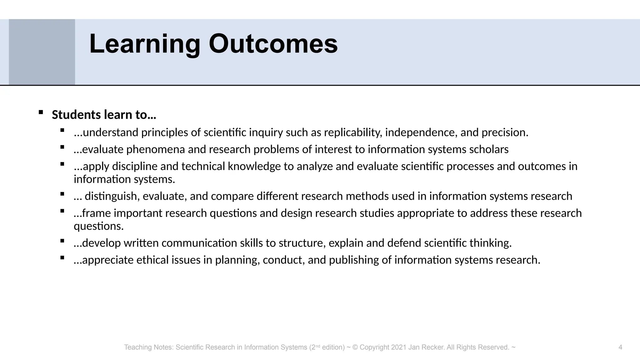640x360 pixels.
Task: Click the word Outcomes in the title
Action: pyautogui.click(x=273, y=44)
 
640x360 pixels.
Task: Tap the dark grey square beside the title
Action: pyautogui.click(x=42, y=52)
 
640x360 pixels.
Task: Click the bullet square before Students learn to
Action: pyautogui.click(x=41, y=112)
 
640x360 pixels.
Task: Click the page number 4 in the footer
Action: pyautogui.click(x=620, y=347)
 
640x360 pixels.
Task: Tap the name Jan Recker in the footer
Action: pyautogui.click(x=426, y=347)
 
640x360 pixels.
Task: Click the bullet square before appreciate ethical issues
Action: pyautogui.click(x=62, y=257)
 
